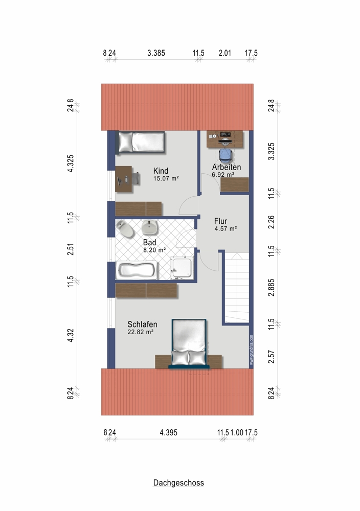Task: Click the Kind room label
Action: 161,171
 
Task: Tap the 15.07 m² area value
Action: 166,178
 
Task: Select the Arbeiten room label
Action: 227,167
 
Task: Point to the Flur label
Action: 221,221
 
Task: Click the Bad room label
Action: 150,242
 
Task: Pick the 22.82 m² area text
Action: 141,332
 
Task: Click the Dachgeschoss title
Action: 178,483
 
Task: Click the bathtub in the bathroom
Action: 137,271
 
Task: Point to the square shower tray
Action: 183,268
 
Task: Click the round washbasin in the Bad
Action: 150,227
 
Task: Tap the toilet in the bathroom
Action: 126,229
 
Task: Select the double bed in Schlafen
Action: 189,343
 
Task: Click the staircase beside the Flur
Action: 237,288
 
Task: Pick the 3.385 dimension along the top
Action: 156,53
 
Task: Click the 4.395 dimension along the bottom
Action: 169,432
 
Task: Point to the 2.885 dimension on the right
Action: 271,287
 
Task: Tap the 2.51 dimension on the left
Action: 71,249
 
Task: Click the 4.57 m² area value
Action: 226,229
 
